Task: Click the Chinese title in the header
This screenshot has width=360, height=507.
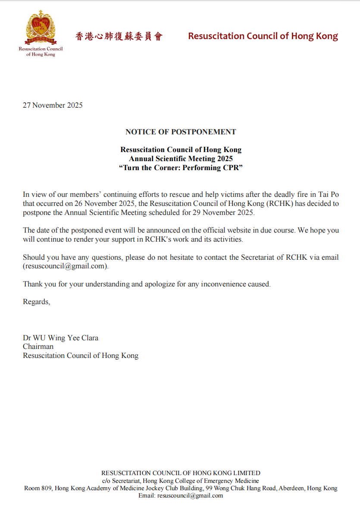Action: coord(119,36)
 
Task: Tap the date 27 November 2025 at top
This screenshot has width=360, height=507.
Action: coord(53,105)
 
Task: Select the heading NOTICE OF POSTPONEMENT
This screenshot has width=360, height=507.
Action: coord(181,132)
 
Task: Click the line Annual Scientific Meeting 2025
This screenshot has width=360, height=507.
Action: coord(181,159)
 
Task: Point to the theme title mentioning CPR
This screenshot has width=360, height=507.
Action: coord(181,168)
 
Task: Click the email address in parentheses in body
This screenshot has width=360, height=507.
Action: coord(66,266)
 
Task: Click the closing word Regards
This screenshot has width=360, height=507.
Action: coord(36,302)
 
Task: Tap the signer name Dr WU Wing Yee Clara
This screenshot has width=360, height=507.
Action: coord(60,338)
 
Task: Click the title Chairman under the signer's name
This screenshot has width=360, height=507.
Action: coord(38,347)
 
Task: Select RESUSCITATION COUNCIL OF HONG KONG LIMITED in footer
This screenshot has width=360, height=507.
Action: coord(181,473)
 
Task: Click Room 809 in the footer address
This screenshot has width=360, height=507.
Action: coord(38,488)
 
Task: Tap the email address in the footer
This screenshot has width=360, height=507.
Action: coord(190,495)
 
